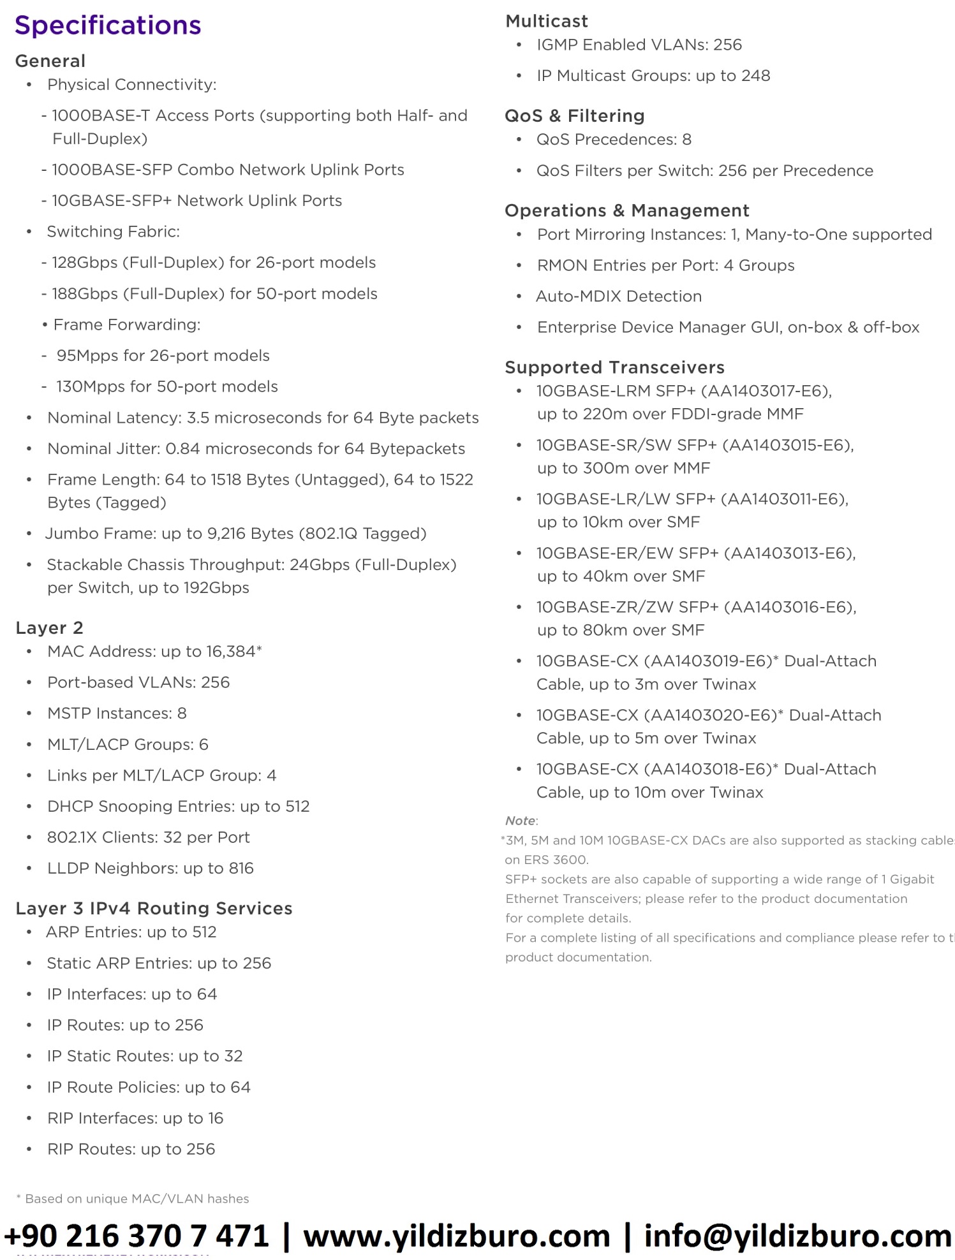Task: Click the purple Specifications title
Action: click(x=108, y=26)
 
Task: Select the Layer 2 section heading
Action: click(x=49, y=628)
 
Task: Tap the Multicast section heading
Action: click(x=546, y=22)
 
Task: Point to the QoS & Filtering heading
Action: click(x=574, y=116)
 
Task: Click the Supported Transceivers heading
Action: click(x=614, y=367)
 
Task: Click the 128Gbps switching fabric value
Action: click(x=84, y=263)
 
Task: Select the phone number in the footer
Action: click(x=137, y=1236)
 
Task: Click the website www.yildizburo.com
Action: click(x=456, y=1236)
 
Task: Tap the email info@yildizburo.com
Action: click(x=797, y=1236)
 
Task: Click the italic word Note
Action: click(x=520, y=821)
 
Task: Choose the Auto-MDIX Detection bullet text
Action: click(x=618, y=297)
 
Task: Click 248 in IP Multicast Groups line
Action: click(x=755, y=76)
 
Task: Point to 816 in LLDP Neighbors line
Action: click(x=241, y=868)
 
